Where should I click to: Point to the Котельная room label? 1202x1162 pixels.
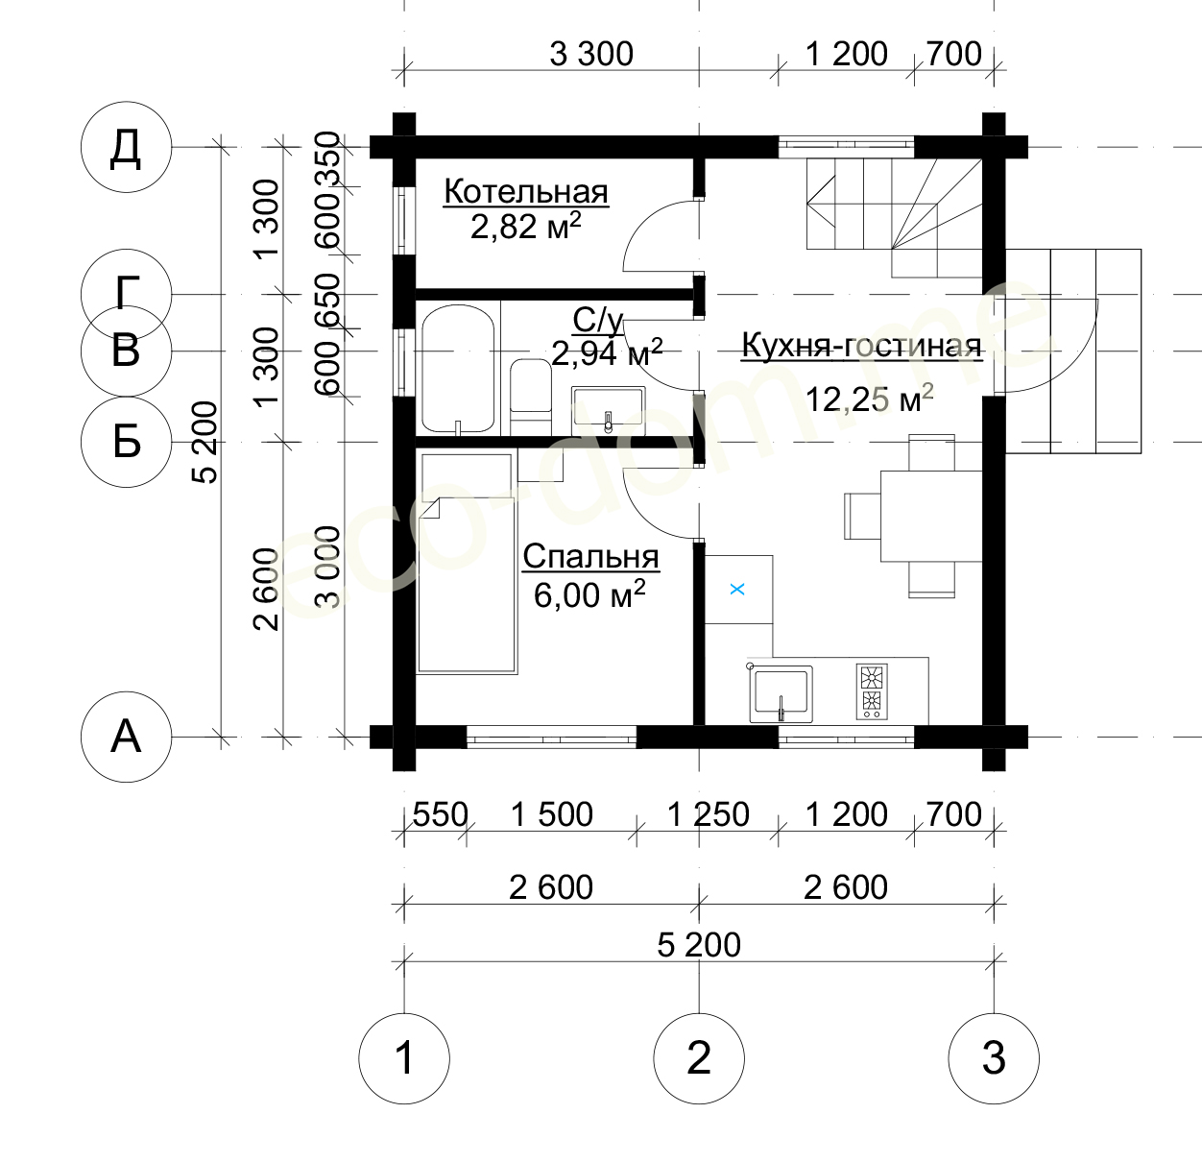[x=526, y=191]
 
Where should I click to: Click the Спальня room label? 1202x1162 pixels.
[x=591, y=557]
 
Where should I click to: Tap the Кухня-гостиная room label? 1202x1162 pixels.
[x=862, y=346]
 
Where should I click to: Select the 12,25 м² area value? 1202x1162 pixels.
[x=869, y=399]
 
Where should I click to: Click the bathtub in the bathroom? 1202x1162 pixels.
[x=458, y=369]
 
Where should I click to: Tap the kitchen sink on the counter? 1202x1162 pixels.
[x=781, y=693]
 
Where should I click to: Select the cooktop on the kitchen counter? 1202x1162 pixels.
[x=872, y=691]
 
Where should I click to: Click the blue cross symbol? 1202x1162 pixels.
[x=737, y=590]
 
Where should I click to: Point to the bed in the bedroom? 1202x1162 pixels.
[x=467, y=563]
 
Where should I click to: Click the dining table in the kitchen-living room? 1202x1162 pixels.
[x=931, y=517]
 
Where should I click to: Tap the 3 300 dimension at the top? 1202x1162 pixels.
[x=591, y=55]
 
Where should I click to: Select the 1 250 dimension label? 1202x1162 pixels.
[x=709, y=814]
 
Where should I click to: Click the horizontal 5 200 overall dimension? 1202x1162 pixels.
[x=699, y=945]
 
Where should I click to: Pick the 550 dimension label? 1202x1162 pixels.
[x=440, y=814]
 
